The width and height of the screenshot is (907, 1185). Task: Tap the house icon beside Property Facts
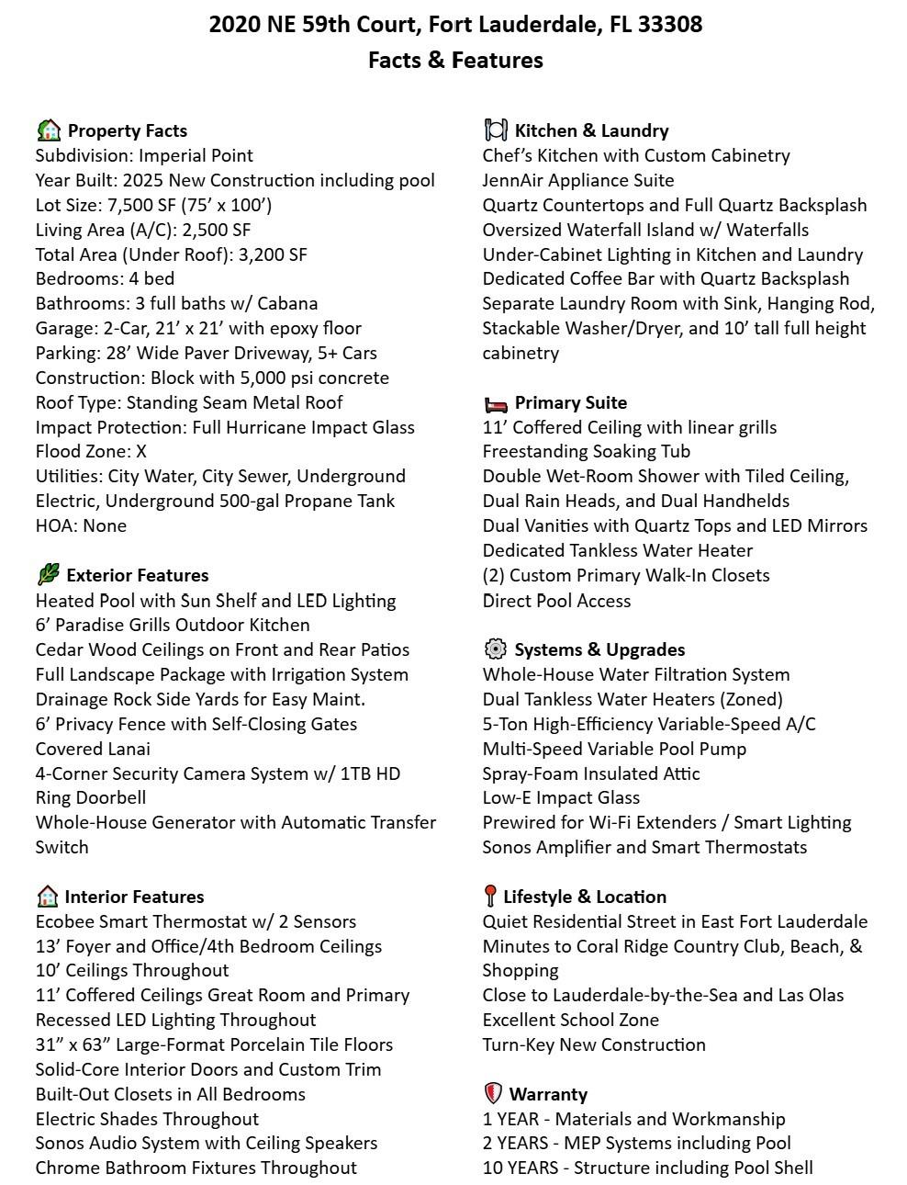click(49, 130)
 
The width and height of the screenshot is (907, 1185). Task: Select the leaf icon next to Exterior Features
click(48, 575)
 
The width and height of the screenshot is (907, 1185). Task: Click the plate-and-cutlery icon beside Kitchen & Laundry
click(495, 130)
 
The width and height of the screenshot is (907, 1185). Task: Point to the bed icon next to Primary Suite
click(495, 403)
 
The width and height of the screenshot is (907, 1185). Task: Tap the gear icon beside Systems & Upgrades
click(495, 649)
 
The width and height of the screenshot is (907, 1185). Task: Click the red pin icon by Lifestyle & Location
click(490, 897)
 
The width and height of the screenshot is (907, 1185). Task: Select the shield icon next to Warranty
click(493, 1094)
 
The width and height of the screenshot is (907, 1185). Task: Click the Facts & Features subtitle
click(455, 61)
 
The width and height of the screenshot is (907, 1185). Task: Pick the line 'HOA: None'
click(81, 525)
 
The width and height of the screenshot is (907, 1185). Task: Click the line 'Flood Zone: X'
click(91, 451)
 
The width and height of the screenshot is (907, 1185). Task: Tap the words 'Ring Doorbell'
click(91, 797)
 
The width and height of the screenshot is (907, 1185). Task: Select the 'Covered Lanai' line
click(93, 749)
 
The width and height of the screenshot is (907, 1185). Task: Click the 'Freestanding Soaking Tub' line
click(587, 451)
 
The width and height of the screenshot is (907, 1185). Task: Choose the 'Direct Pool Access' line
click(556, 601)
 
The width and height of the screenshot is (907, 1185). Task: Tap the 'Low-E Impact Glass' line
click(561, 797)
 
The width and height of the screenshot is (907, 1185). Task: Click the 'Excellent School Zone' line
click(570, 1020)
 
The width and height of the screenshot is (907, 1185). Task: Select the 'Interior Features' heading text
click(134, 897)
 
